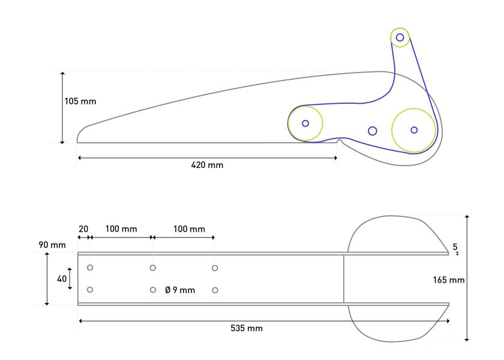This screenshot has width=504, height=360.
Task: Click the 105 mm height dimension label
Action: pos(80,101)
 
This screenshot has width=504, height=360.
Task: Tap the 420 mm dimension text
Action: pos(207,165)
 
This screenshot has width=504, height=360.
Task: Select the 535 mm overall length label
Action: pos(247,328)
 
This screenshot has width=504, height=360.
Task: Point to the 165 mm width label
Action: pos(448,280)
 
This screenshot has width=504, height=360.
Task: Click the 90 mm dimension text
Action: pos(52,245)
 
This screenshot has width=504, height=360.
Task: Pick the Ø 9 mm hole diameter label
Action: pos(180,290)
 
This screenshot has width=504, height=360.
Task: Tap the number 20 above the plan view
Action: pos(83,229)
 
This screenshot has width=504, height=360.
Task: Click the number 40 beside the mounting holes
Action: pos(62,278)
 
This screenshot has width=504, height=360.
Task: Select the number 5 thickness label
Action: pos(455,247)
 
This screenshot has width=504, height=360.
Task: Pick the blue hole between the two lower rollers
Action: pos(373,131)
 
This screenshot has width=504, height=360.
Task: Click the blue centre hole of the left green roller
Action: pos(305,123)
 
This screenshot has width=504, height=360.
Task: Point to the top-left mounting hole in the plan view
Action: pos(90,268)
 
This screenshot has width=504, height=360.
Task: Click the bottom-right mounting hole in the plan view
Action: pos(215,290)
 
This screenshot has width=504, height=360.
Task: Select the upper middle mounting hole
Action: pos(152,268)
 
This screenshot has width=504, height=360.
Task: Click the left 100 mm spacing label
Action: pos(121,229)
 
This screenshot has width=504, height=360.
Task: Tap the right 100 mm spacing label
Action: pos(189,229)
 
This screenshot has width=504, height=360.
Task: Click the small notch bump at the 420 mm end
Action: pos(339,140)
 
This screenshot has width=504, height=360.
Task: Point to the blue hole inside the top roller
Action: pos(400,37)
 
